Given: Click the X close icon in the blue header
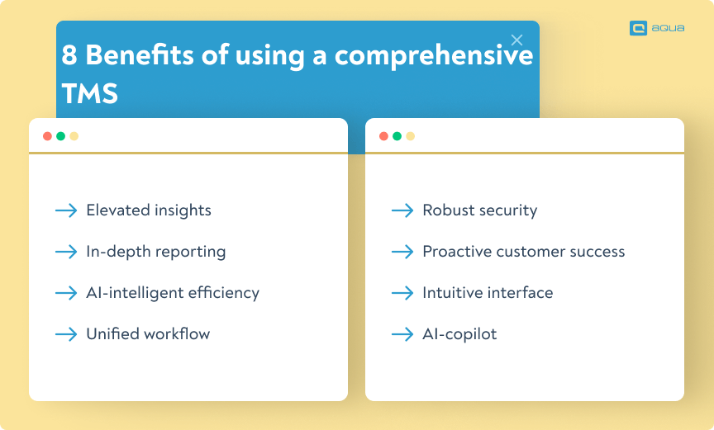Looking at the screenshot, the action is [516, 40].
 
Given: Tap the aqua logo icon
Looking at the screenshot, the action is [638, 28].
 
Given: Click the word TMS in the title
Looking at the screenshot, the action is [90, 93].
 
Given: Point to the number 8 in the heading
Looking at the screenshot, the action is [69, 55].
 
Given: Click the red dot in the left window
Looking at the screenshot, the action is [47, 136].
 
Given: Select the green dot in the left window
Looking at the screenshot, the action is [60, 136].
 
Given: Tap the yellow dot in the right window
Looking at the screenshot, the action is [410, 136].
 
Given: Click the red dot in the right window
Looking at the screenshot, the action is [384, 136].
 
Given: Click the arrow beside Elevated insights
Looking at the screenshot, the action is [66, 210].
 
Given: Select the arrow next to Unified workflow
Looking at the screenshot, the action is [66, 334].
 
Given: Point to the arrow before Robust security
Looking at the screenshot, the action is [402, 210].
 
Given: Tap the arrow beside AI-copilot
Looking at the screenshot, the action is [402, 334].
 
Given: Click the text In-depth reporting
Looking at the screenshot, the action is [155, 252].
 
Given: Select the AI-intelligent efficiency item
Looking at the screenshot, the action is [173, 293].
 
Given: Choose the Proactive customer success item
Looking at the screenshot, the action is [524, 252].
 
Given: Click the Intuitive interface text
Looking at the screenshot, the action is [488, 292].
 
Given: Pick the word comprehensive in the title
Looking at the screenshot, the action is [434, 56].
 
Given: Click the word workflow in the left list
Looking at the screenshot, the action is [177, 333].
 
